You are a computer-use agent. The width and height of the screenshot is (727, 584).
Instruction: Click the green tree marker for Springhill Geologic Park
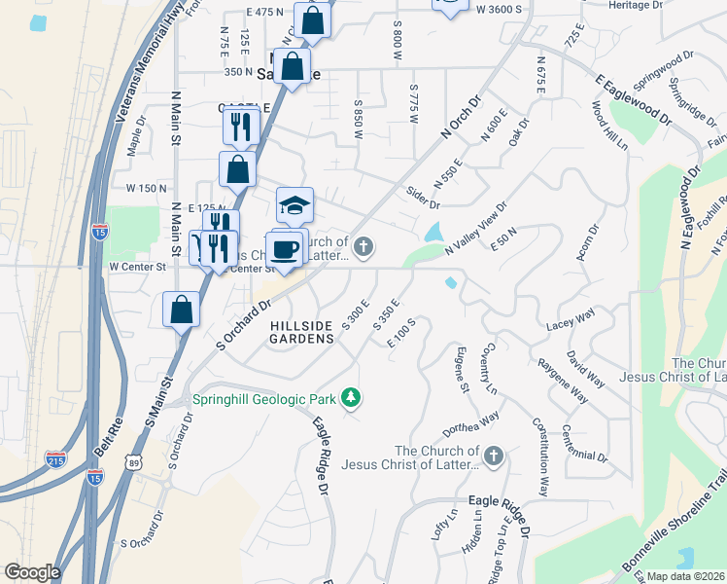pos(351,398)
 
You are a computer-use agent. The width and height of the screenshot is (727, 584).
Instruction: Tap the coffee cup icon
pos(285,249)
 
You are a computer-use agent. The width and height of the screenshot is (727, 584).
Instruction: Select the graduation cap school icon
pos(294,204)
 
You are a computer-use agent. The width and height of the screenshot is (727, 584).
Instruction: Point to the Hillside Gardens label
pos(301,331)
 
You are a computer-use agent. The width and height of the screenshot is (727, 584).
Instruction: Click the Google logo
pos(31,572)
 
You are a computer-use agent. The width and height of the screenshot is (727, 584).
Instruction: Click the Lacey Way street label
pos(570,318)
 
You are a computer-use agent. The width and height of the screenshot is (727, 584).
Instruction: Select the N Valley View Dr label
pos(477,230)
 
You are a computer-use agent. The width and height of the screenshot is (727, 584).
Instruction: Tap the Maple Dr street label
pos(134,136)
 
